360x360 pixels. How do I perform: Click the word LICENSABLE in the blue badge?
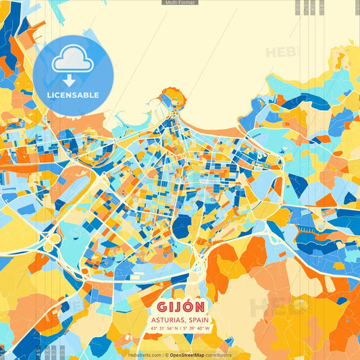coord(73,95)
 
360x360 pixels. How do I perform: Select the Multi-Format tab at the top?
coord(180,3)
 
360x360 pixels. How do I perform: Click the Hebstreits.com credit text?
coord(144,355)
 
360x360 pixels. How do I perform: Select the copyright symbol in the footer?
coord(165,355)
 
